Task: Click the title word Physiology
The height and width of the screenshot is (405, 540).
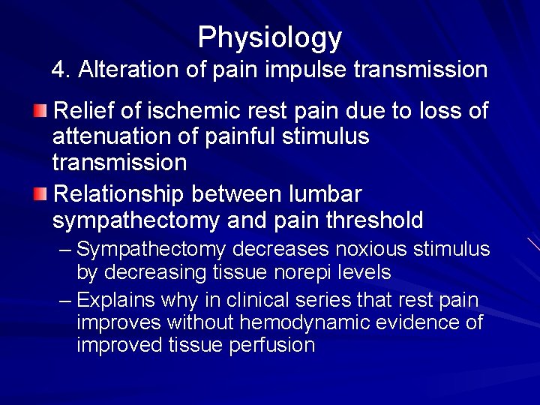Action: [x=270, y=37]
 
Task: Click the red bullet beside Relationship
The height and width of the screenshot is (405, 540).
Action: [x=40, y=195]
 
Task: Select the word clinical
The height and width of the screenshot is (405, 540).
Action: [x=238, y=301]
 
